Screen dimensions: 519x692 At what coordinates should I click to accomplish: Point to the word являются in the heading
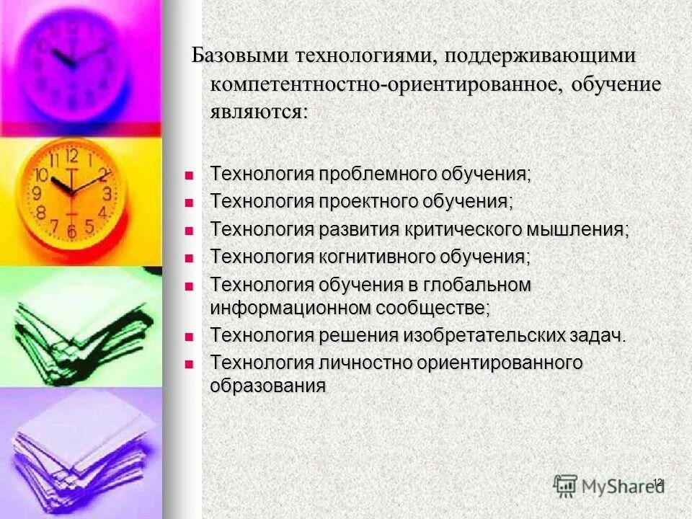256,112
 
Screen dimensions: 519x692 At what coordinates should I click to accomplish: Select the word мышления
576,229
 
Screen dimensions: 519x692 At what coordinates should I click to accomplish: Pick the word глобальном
479,285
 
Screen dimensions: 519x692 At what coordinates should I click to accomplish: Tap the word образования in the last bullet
267,386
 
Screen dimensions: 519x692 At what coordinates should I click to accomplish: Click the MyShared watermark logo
609,485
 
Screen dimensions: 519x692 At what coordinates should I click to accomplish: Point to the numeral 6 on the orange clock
71,232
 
